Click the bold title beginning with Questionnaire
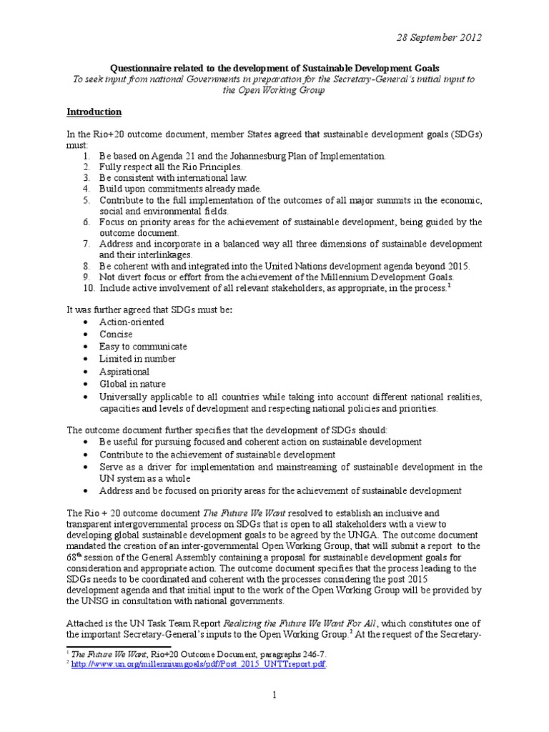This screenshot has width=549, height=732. (x=274, y=67)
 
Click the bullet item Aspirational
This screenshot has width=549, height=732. (x=124, y=372)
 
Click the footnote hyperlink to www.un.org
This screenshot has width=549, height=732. (x=199, y=664)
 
